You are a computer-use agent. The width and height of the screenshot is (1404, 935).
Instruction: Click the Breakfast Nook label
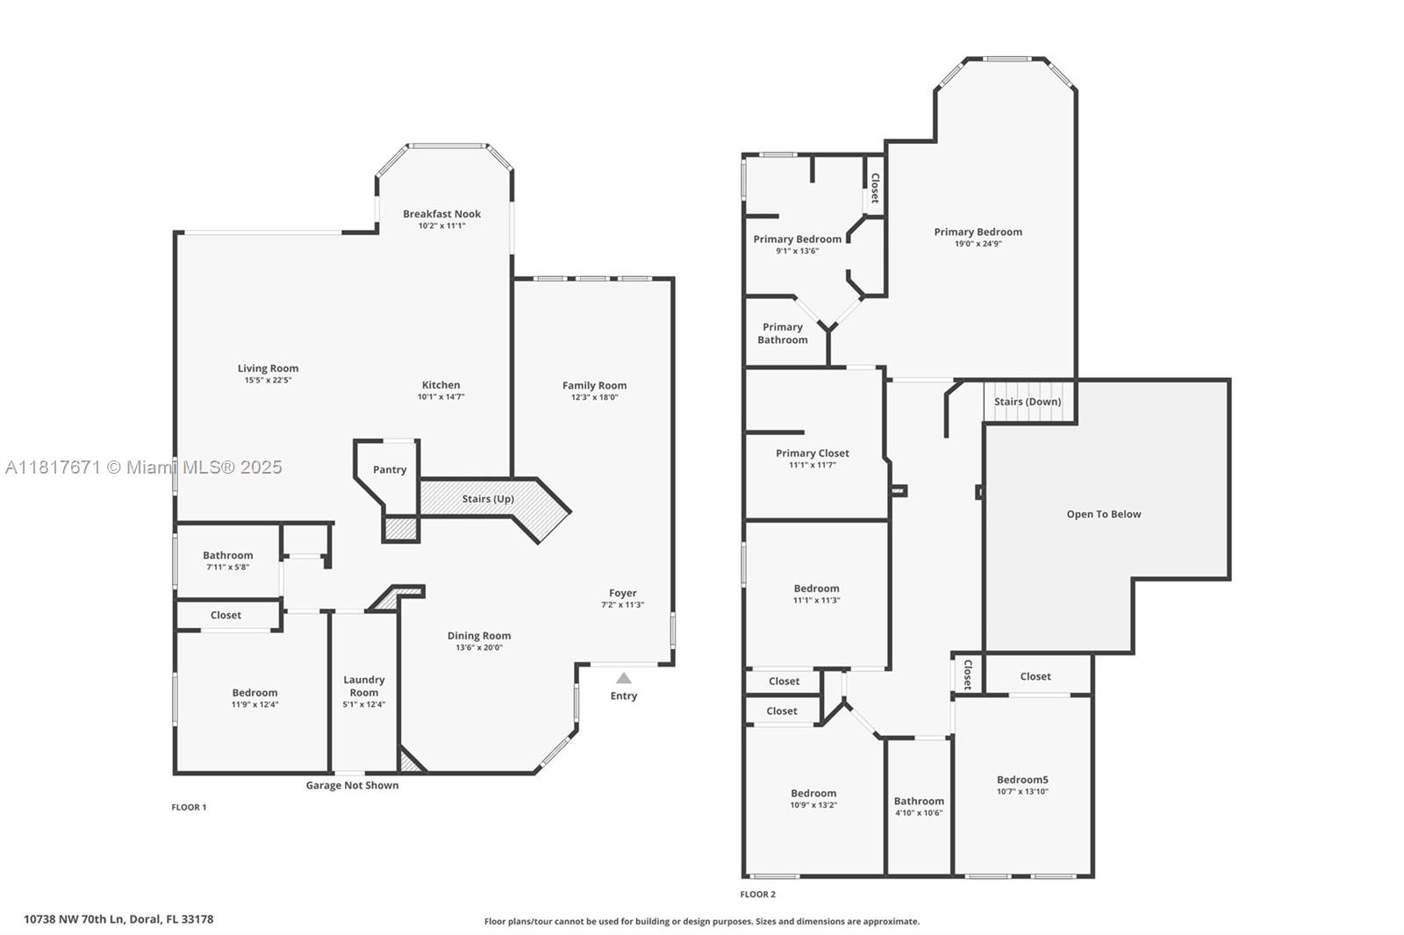442,214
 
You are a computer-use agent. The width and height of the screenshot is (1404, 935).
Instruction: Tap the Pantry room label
390,469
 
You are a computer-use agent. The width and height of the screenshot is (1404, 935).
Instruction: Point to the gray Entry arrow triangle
624,678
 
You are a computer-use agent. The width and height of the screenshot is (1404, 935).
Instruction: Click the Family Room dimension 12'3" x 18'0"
594,396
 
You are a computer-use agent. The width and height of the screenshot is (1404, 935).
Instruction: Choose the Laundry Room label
363,686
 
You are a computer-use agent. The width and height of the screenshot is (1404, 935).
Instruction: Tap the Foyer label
622,593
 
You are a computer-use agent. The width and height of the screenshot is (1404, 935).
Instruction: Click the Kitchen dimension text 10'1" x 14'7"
441,396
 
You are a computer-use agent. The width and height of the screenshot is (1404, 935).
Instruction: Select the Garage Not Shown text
352,785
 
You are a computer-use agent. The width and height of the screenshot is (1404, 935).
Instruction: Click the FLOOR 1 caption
189,807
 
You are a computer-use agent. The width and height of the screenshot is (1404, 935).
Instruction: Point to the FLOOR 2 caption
758,895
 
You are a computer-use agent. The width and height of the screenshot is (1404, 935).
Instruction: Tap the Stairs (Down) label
1028,402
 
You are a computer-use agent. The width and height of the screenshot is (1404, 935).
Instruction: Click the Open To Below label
1104,514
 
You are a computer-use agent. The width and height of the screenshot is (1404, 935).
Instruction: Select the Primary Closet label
813,453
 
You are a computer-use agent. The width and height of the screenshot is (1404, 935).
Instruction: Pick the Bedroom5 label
1022,780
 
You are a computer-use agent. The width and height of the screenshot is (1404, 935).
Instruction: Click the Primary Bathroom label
782,333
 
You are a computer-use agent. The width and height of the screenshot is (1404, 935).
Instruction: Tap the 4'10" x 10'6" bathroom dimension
919,813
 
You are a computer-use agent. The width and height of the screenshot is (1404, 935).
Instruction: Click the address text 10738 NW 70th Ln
74,919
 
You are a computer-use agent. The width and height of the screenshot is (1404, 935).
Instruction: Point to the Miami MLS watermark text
144,467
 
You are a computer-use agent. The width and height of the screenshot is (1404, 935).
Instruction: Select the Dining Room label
479,635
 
